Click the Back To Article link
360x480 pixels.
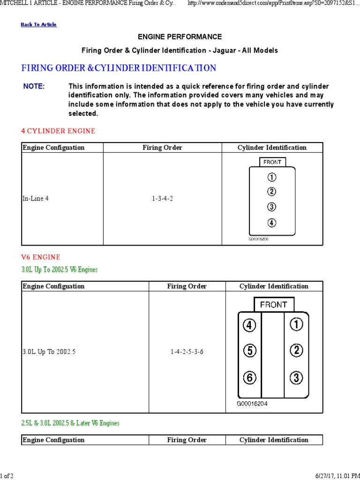[38, 24]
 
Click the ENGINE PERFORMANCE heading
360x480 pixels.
[180, 37]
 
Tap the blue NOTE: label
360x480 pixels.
[34, 86]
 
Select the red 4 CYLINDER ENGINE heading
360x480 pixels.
[58, 131]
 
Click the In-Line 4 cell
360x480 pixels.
[35, 198]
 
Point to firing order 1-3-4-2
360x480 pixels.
[162, 198]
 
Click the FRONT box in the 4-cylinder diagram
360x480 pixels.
[272, 162]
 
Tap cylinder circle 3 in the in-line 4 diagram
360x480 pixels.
[272, 207]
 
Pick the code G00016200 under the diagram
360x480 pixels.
[258, 239]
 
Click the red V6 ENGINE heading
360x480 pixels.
[41, 257]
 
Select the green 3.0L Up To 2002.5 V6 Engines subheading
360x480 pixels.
[60, 270]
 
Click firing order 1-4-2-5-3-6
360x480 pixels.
[187, 352]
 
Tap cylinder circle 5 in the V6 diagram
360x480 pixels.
[250, 350]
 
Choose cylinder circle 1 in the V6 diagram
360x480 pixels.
[296, 324]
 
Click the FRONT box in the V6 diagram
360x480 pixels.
[273, 305]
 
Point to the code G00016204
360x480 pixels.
[252, 404]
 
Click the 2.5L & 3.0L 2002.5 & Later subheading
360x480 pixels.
[70, 423]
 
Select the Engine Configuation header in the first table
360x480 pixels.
[53, 148]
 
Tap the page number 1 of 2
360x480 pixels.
[7, 476]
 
